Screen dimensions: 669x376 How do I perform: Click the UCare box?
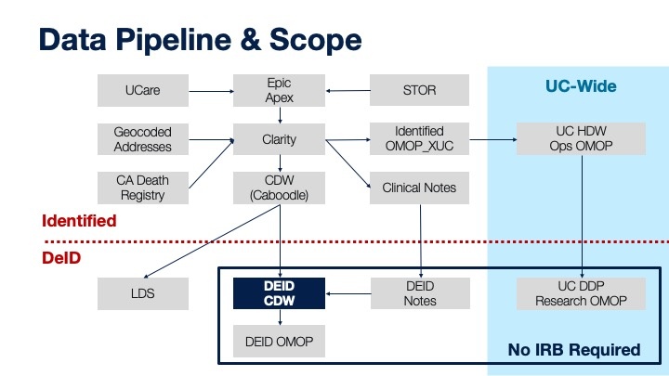(143, 90)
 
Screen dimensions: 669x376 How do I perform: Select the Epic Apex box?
(279, 90)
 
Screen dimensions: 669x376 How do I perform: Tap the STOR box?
(419, 90)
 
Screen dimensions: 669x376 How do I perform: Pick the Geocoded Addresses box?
(143, 139)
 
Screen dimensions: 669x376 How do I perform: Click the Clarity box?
(279, 139)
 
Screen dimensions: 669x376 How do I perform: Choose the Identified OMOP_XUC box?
(419, 138)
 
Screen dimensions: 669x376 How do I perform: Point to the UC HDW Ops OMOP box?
(581, 138)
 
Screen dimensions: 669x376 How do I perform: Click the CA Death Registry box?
(143, 188)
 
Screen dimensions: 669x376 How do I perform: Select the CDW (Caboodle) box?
(279, 188)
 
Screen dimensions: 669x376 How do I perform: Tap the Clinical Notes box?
(419, 188)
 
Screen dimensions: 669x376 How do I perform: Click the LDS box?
(143, 293)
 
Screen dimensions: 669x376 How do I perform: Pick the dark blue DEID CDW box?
(279, 293)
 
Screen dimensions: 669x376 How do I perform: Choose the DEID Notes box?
(420, 293)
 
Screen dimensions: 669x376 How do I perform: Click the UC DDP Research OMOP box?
(581, 293)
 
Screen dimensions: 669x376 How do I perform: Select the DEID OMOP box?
(279, 341)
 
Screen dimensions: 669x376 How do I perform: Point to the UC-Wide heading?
(581, 86)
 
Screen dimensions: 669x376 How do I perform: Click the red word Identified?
(79, 221)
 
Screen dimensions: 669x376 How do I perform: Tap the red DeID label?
(61, 258)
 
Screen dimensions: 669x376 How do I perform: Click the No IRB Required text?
(574, 350)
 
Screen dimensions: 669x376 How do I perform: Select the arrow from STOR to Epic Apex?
(348, 90)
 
